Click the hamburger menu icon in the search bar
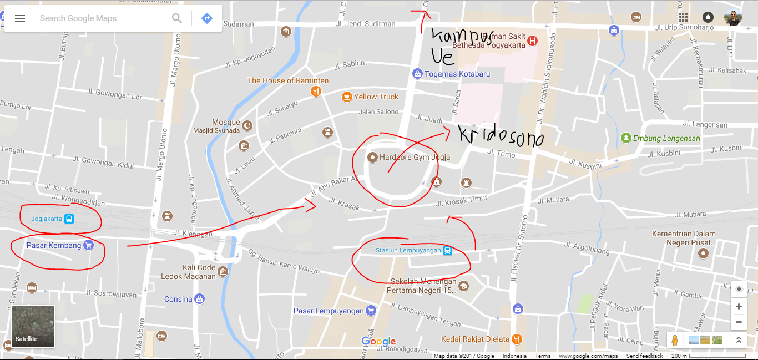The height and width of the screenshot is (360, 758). [x=20, y=18]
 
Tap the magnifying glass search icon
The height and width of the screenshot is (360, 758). [x=177, y=18]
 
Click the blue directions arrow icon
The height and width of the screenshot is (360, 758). [x=207, y=18]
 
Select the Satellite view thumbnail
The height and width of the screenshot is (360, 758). [x=33, y=326]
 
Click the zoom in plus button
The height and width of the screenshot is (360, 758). [x=739, y=307]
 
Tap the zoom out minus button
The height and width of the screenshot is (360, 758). [x=739, y=322]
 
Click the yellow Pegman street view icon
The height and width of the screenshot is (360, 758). [x=675, y=340]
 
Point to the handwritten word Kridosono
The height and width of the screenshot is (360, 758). [x=500, y=136]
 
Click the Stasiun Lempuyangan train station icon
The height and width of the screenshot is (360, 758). [x=447, y=251]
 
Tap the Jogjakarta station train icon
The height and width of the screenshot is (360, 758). [x=69, y=219]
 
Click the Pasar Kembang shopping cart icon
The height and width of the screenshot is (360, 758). [x=88, y=245]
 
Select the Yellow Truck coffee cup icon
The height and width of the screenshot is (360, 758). [x=347, y=97]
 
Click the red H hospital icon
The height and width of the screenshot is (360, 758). [x=533, y=40]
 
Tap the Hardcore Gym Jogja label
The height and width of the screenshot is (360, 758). [x=415, y=157]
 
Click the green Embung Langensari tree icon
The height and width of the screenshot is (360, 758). [x=626, y=138]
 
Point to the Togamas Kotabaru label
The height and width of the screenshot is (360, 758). [x=457, y=74]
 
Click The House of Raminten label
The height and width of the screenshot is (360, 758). [x=288, y=80]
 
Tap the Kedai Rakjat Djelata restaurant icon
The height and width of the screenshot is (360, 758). [x=517, y=338]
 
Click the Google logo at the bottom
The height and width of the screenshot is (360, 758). [x=378, y=341]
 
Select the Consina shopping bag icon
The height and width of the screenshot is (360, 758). [x=200, y=299]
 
